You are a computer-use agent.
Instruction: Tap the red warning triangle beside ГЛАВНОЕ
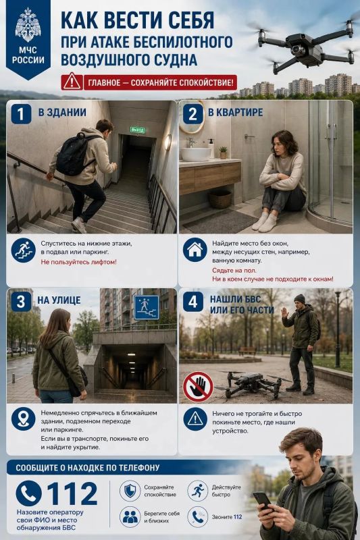(x=72, y=82)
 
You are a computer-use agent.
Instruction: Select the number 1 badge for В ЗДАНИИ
(x=21, y=114)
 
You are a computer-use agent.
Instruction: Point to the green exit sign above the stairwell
(x=138, y=130)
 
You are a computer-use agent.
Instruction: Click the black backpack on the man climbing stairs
(x=74, y=153)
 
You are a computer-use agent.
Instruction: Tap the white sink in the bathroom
(x=196, y=154)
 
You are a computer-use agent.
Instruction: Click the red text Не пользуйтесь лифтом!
(x=78, y=262)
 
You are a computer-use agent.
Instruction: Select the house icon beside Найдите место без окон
(x=195, y=249)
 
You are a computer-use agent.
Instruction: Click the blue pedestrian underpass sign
(x=147, y=308)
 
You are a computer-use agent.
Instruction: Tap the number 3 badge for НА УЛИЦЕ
(x=21, y=302)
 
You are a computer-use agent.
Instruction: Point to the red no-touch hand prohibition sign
(x=198, y=387)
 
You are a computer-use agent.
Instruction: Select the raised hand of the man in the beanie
(x=285, y=313)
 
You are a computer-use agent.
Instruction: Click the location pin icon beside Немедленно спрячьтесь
(x=23, y=418)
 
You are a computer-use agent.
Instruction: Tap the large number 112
(x=72, y=493)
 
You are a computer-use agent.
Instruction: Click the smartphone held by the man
(x=263, y=501)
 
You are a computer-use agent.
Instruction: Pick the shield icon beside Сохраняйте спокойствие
(x=130, y=491)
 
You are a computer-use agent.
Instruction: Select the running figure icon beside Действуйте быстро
(x=198, y=491)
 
